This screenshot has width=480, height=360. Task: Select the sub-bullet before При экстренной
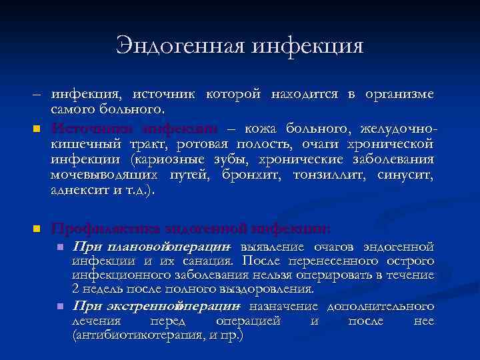coord(59,307)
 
